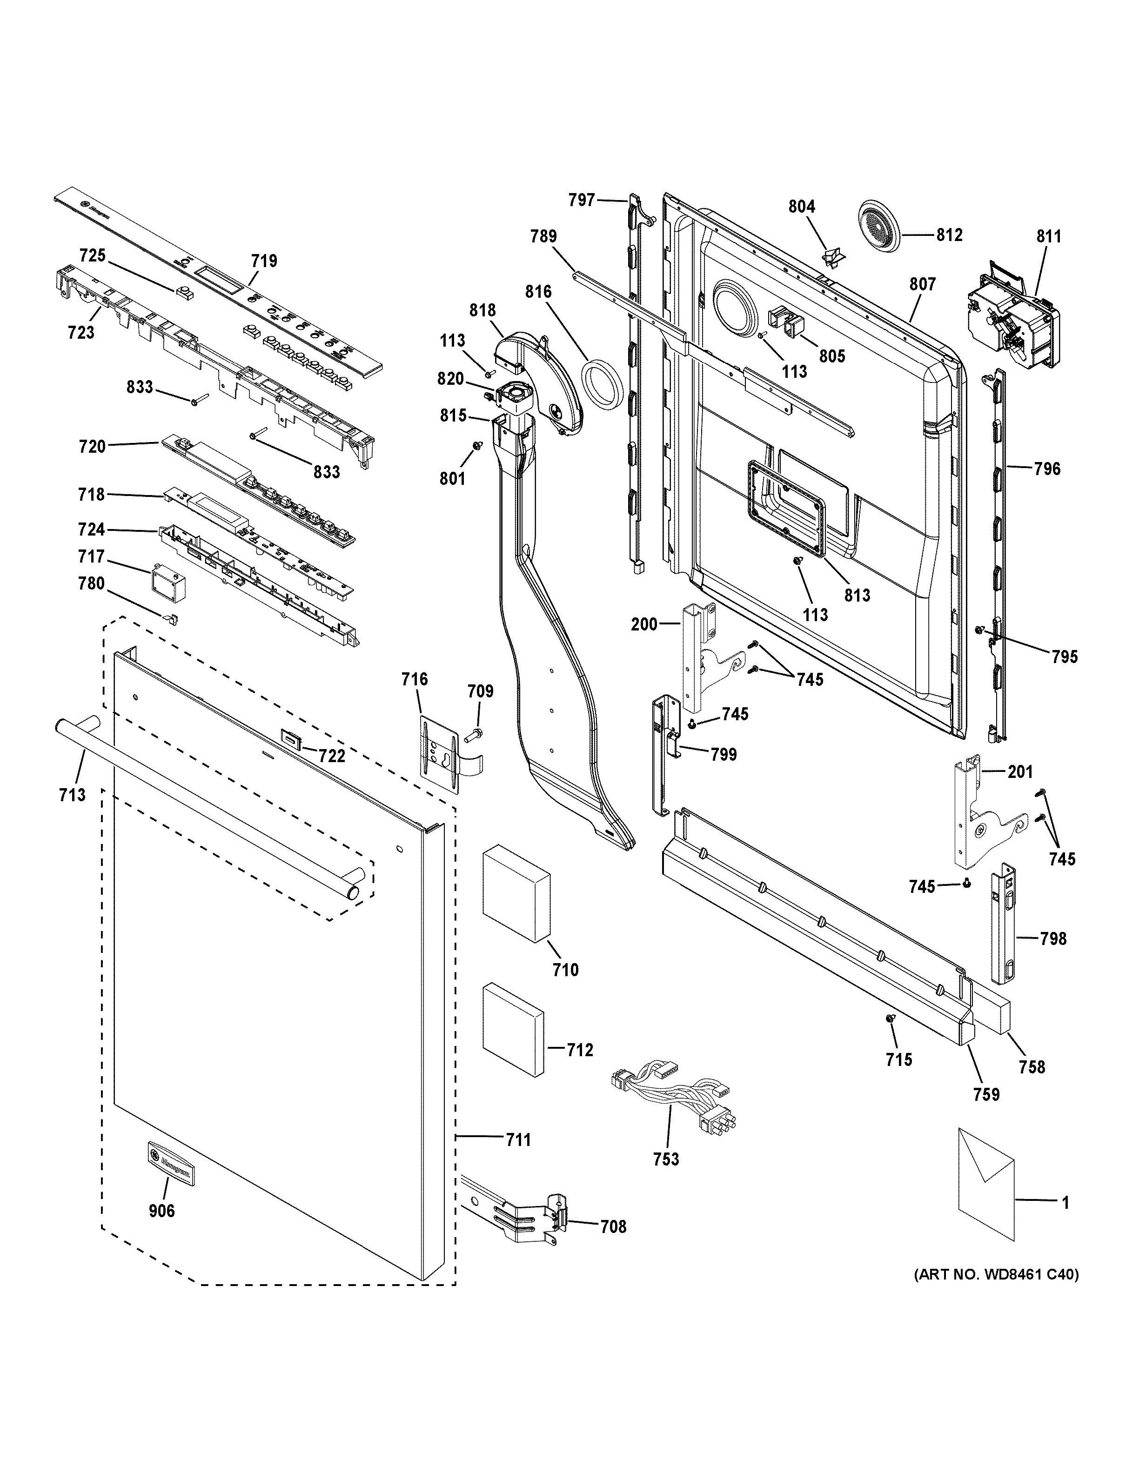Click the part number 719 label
(x=264, y=261)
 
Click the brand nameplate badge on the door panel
(x=171, y=1164)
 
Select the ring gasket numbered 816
(x=601, y=384)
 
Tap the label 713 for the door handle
(x=72, y=795)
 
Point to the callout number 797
(x=581, y=200)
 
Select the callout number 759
(x=986, y=1094)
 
